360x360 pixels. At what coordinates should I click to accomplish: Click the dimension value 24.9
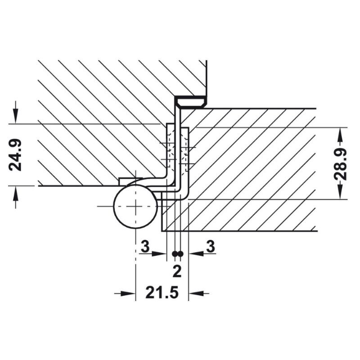15,155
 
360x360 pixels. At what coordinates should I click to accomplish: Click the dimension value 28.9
340,164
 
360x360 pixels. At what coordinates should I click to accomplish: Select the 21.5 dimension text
162,293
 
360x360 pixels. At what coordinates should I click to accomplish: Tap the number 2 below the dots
177,271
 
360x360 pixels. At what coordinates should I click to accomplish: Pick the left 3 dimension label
145,246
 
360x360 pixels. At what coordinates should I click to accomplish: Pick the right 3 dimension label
210,246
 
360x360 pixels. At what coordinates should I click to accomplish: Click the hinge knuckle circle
136,207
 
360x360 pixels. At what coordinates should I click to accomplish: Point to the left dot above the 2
175,254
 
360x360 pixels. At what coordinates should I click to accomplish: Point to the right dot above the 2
180,254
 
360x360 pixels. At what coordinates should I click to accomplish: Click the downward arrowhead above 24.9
15,116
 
